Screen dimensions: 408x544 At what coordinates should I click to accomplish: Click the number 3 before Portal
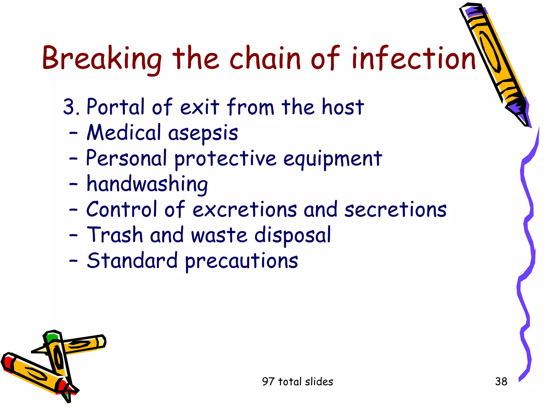point(69,107)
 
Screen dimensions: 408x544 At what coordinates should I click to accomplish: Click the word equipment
point(333,159)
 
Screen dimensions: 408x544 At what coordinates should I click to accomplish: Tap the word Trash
point(115,235)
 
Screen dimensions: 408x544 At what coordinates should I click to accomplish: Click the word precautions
point(241,261)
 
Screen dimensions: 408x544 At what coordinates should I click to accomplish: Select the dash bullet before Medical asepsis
point(73,133)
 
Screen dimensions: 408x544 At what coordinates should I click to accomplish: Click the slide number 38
point(501,381)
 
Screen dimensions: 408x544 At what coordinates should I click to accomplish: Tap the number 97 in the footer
point(268,381)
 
